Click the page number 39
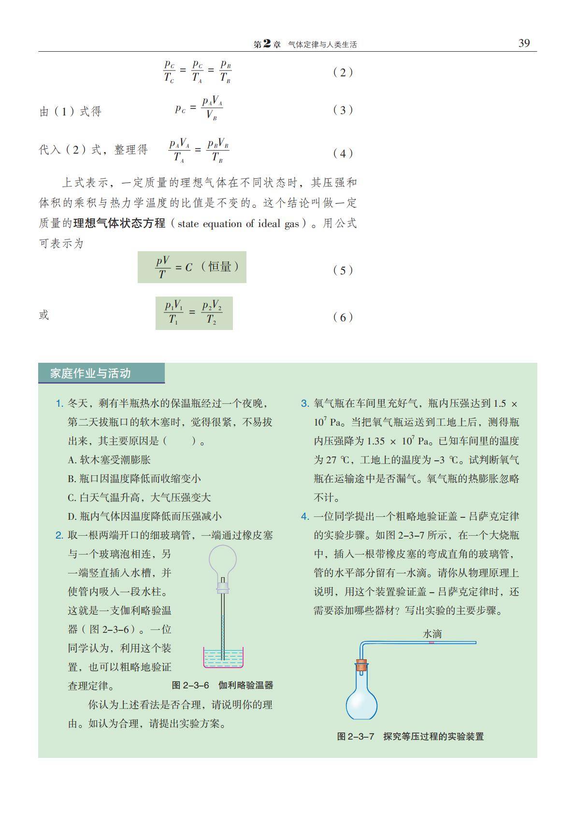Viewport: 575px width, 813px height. pyautogui.click(x=524, y=43)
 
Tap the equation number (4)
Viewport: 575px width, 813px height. pyautogui.click(x=343, y=154)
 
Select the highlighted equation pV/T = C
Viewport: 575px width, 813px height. pyautogui.click(x=192, y=267)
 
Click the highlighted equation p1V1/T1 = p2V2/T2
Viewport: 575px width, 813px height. pyautogui.click(x=194, y=313)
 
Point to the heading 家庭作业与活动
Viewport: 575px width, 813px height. pyautogui.click(x=90, y=373)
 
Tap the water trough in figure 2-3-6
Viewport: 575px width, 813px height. pyautogui.click(x=223, y=657)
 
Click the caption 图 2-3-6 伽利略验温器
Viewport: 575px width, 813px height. pyautogui.click(x=222, y=685)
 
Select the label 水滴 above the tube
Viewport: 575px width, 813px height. pyautogui.click(x=432, y=633)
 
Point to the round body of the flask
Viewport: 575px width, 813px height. pyautogui.click(x=361, y=704)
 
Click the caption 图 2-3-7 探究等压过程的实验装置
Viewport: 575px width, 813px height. pyautogui.click(x=410, y=736)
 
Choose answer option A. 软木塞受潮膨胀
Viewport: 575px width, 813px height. pyautogui.click(x=109, y=460)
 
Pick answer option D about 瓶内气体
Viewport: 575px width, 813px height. pyautogui.click(x=144, y=516)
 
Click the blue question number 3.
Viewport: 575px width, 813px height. pyautogui.click(x=305, y=403)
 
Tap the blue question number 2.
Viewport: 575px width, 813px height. pyautogui.click(x=59, y=535)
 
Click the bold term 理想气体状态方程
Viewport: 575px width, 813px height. pyautogui.click(x=119, y=224)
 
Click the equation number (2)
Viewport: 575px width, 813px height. pyautogui.click(x=343, y=72)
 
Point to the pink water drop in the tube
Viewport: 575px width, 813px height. pyautogui.click(x=431, y=642)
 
